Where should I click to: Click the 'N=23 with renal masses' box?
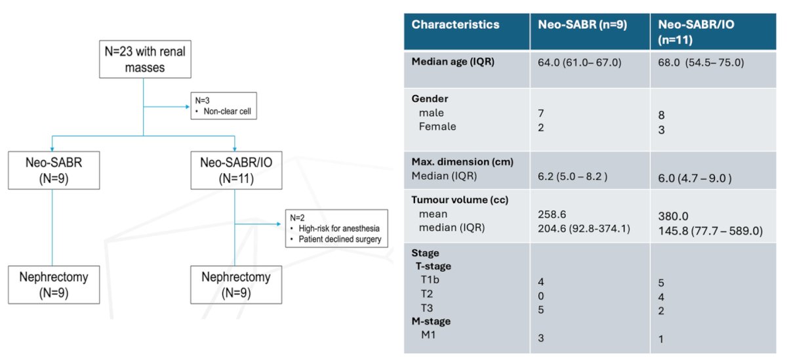tap(145, 59)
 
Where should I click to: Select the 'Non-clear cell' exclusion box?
tap(224, 106)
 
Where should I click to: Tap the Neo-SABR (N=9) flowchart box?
tap(54, 170)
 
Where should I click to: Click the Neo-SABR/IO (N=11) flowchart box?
tap(236, 170)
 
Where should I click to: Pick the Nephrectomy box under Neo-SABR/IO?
tap(236, 285)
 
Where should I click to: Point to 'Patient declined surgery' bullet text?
tap(340, 239)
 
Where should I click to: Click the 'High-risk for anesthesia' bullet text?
tap(339, 228)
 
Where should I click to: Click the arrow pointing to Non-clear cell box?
tap(167, 106)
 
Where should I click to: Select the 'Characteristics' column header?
tap(455, 24)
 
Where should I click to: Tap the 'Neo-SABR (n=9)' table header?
tap(582, 24)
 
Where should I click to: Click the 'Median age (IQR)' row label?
tap(453, 62)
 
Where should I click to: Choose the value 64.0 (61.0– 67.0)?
tap(579, 62)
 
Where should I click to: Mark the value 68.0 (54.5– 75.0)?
tap(701, 62)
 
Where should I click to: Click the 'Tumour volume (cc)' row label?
tap(460, 200)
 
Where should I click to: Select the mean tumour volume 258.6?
tap(552, 214)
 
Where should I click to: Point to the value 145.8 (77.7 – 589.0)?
tap(710, 231)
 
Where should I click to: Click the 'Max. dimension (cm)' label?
tap(462, 161)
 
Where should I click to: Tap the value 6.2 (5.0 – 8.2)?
tap(573, 176)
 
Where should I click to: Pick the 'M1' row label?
tap(428, 334)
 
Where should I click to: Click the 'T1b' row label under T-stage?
tap(430, 279)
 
